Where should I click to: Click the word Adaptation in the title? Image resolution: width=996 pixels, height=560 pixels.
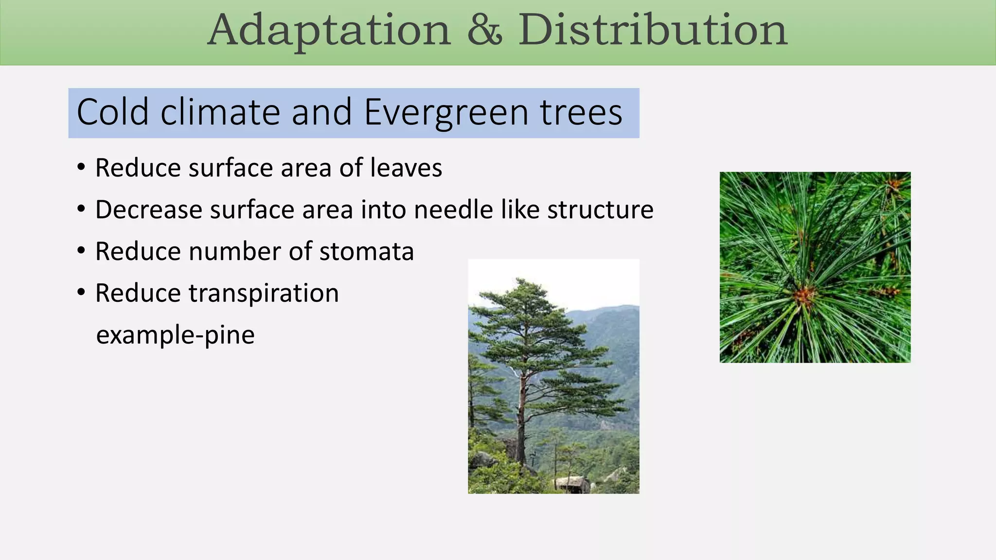[x=329, y=30]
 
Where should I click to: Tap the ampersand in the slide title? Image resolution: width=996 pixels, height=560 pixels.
[x=484, y=30]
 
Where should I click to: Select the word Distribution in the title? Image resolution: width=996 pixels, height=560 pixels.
[x=652, y=30]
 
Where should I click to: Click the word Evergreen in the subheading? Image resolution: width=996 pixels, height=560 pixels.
[x=445, y=113]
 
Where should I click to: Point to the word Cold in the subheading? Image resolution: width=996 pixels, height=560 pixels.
[x=112, y=113]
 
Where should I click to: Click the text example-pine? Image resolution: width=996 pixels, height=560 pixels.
[x=175, y=335]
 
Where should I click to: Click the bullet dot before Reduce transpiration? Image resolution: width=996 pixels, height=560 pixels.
[x=81, y=293]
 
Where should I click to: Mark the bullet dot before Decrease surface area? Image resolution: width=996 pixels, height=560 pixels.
[x=81, y=209]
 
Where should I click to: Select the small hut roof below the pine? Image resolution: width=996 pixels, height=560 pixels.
[x=572, y=481]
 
